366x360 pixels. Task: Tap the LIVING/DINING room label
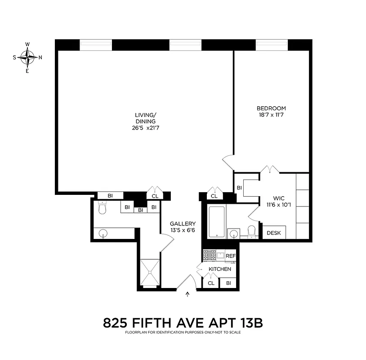pos(145,115)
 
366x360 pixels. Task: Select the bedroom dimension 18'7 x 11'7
pos(271,115)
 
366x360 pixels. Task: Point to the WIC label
pos(279,198)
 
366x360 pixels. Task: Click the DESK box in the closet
pos(273,233)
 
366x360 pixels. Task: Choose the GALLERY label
pos(183,224)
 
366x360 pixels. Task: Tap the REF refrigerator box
pos(230,256)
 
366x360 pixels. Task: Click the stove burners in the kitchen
pos(209,255)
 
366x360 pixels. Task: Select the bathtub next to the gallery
pos(216,222)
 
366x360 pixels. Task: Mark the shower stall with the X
pos(149,273)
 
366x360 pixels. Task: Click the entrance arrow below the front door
pos(188,295)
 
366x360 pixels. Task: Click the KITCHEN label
pos(220,269)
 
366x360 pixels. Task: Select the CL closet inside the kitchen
pos(211,283)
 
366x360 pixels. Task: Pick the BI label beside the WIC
pos(239,188)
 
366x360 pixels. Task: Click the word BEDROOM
pos(271,108)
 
